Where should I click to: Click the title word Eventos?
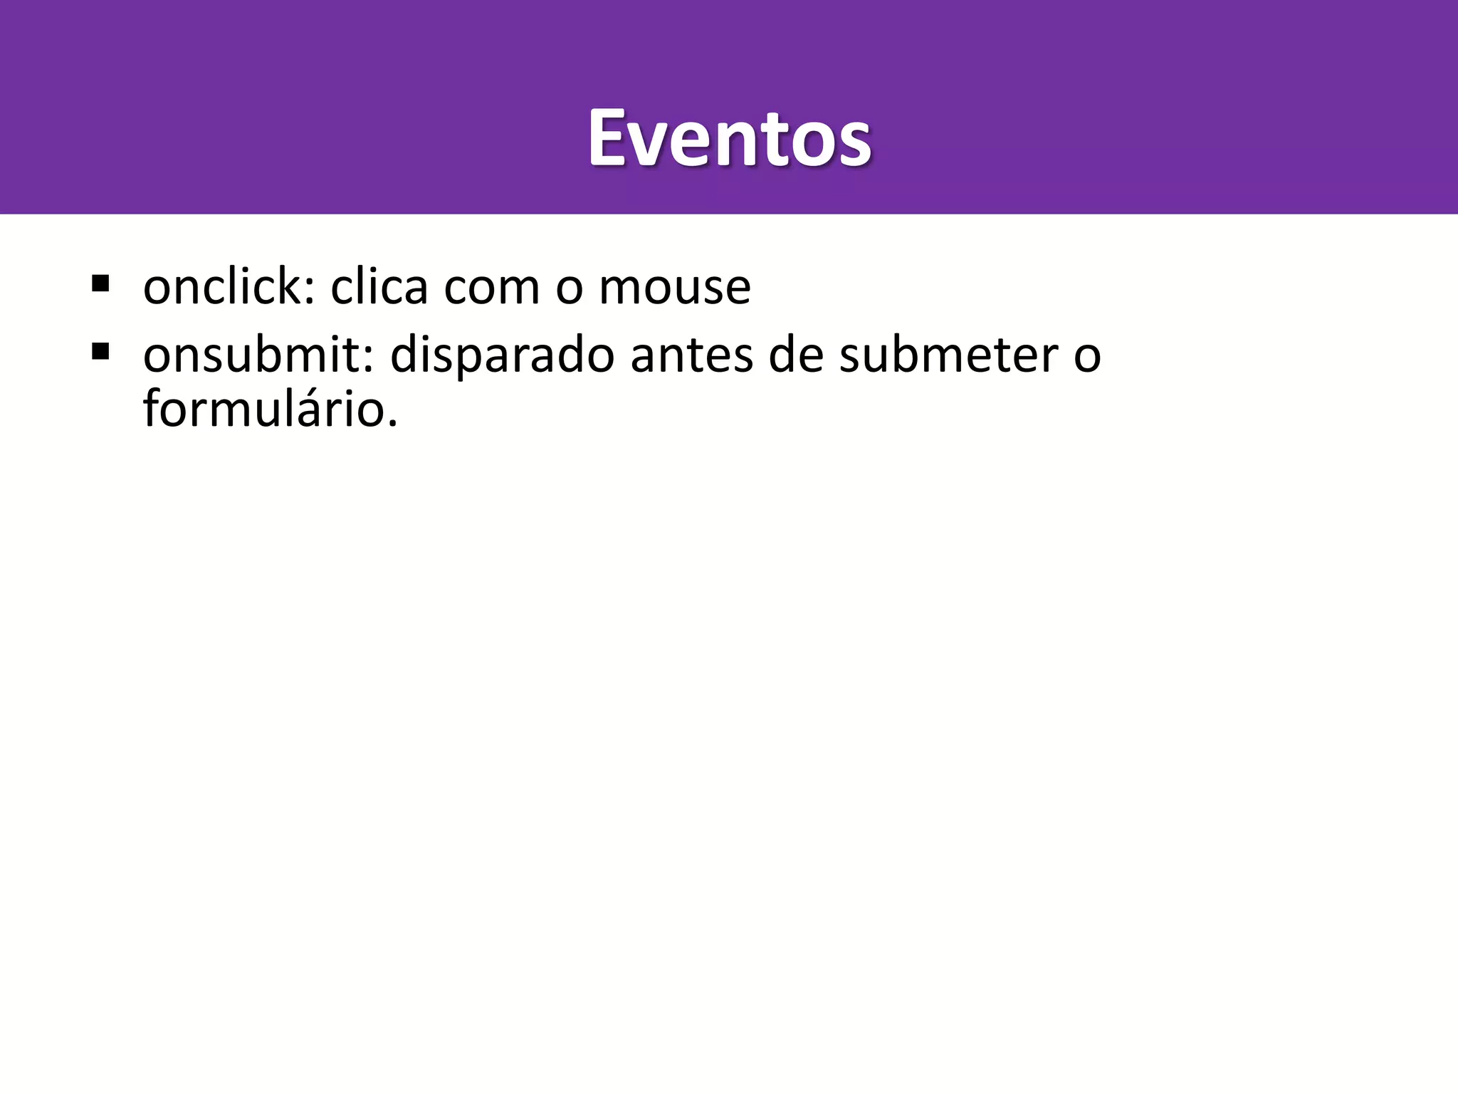[x=729, y=138]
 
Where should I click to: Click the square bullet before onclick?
[x=100, y=284]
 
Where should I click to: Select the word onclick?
[x=221, y=287]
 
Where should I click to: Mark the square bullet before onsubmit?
[x=100, y=351]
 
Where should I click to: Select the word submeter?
[x=948, y=355]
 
